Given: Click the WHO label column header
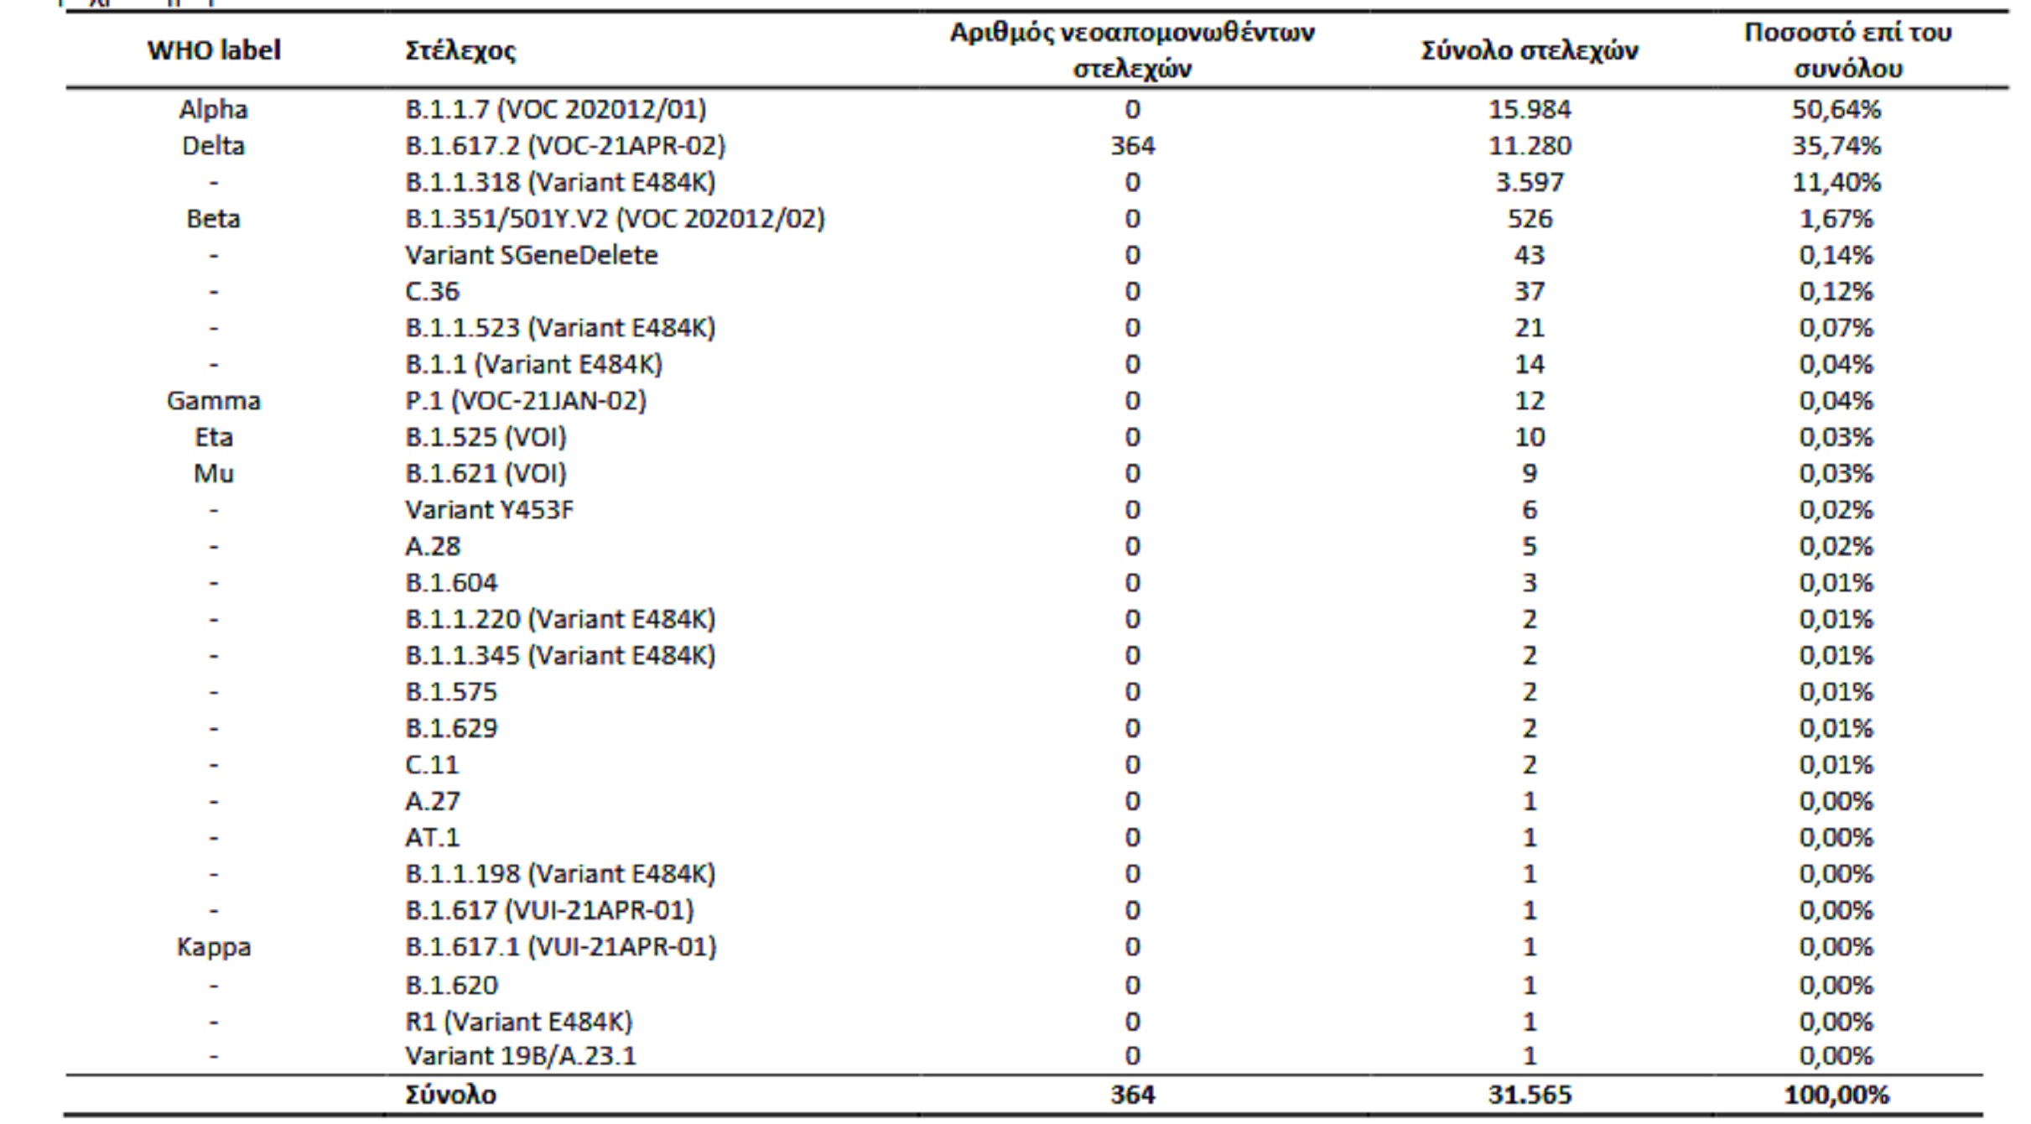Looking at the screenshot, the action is pyautogui.click(x=214, y=50).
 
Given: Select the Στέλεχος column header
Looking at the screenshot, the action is pyautogui.click(x=460, y=51).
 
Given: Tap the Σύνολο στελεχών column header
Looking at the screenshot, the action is pyautogui.click(x=1530, y=51).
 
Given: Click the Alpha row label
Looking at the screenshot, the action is pyautogui.click(x=213, y=109).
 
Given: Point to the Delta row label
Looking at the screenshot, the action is pyautogui.click(x=213, y=146).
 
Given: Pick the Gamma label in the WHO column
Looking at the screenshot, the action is pyautogui.click(x=214, y=401).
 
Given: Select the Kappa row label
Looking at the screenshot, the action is pyautogui.click(x=214, y=947).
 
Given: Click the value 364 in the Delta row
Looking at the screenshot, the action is pyautogui.click(x=1133, y=146).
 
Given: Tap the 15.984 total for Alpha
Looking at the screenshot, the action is pyautogui.click(x=1530, y=109).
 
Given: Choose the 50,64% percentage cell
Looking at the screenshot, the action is pyautogui.click(x=1836, y=109).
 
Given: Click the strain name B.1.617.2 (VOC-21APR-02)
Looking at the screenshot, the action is pyautogui.click(x=565, y=146).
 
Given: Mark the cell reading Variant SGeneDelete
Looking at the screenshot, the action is pyautogui.click(x=532, y=255).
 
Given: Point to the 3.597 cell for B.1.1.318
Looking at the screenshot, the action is pyautogui.click(x=1530, y=182).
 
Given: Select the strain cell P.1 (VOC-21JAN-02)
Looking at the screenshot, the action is pyautogui.click(x=526, y=401).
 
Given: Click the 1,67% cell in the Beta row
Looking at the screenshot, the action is pyautogui.click(x=1836, y=219).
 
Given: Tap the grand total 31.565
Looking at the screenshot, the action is pyautogui.click(x=1530, y=1095).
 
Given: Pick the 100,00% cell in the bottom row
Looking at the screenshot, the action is pyautogui.click(x=1836, y=1095).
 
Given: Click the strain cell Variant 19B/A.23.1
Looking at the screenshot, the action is pyautogui.click(x=521, y=1056).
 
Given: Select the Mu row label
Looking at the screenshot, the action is pyautogui.click(x=214, y=474).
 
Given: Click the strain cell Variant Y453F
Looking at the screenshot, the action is pyautogui.click(x=490, y=510).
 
